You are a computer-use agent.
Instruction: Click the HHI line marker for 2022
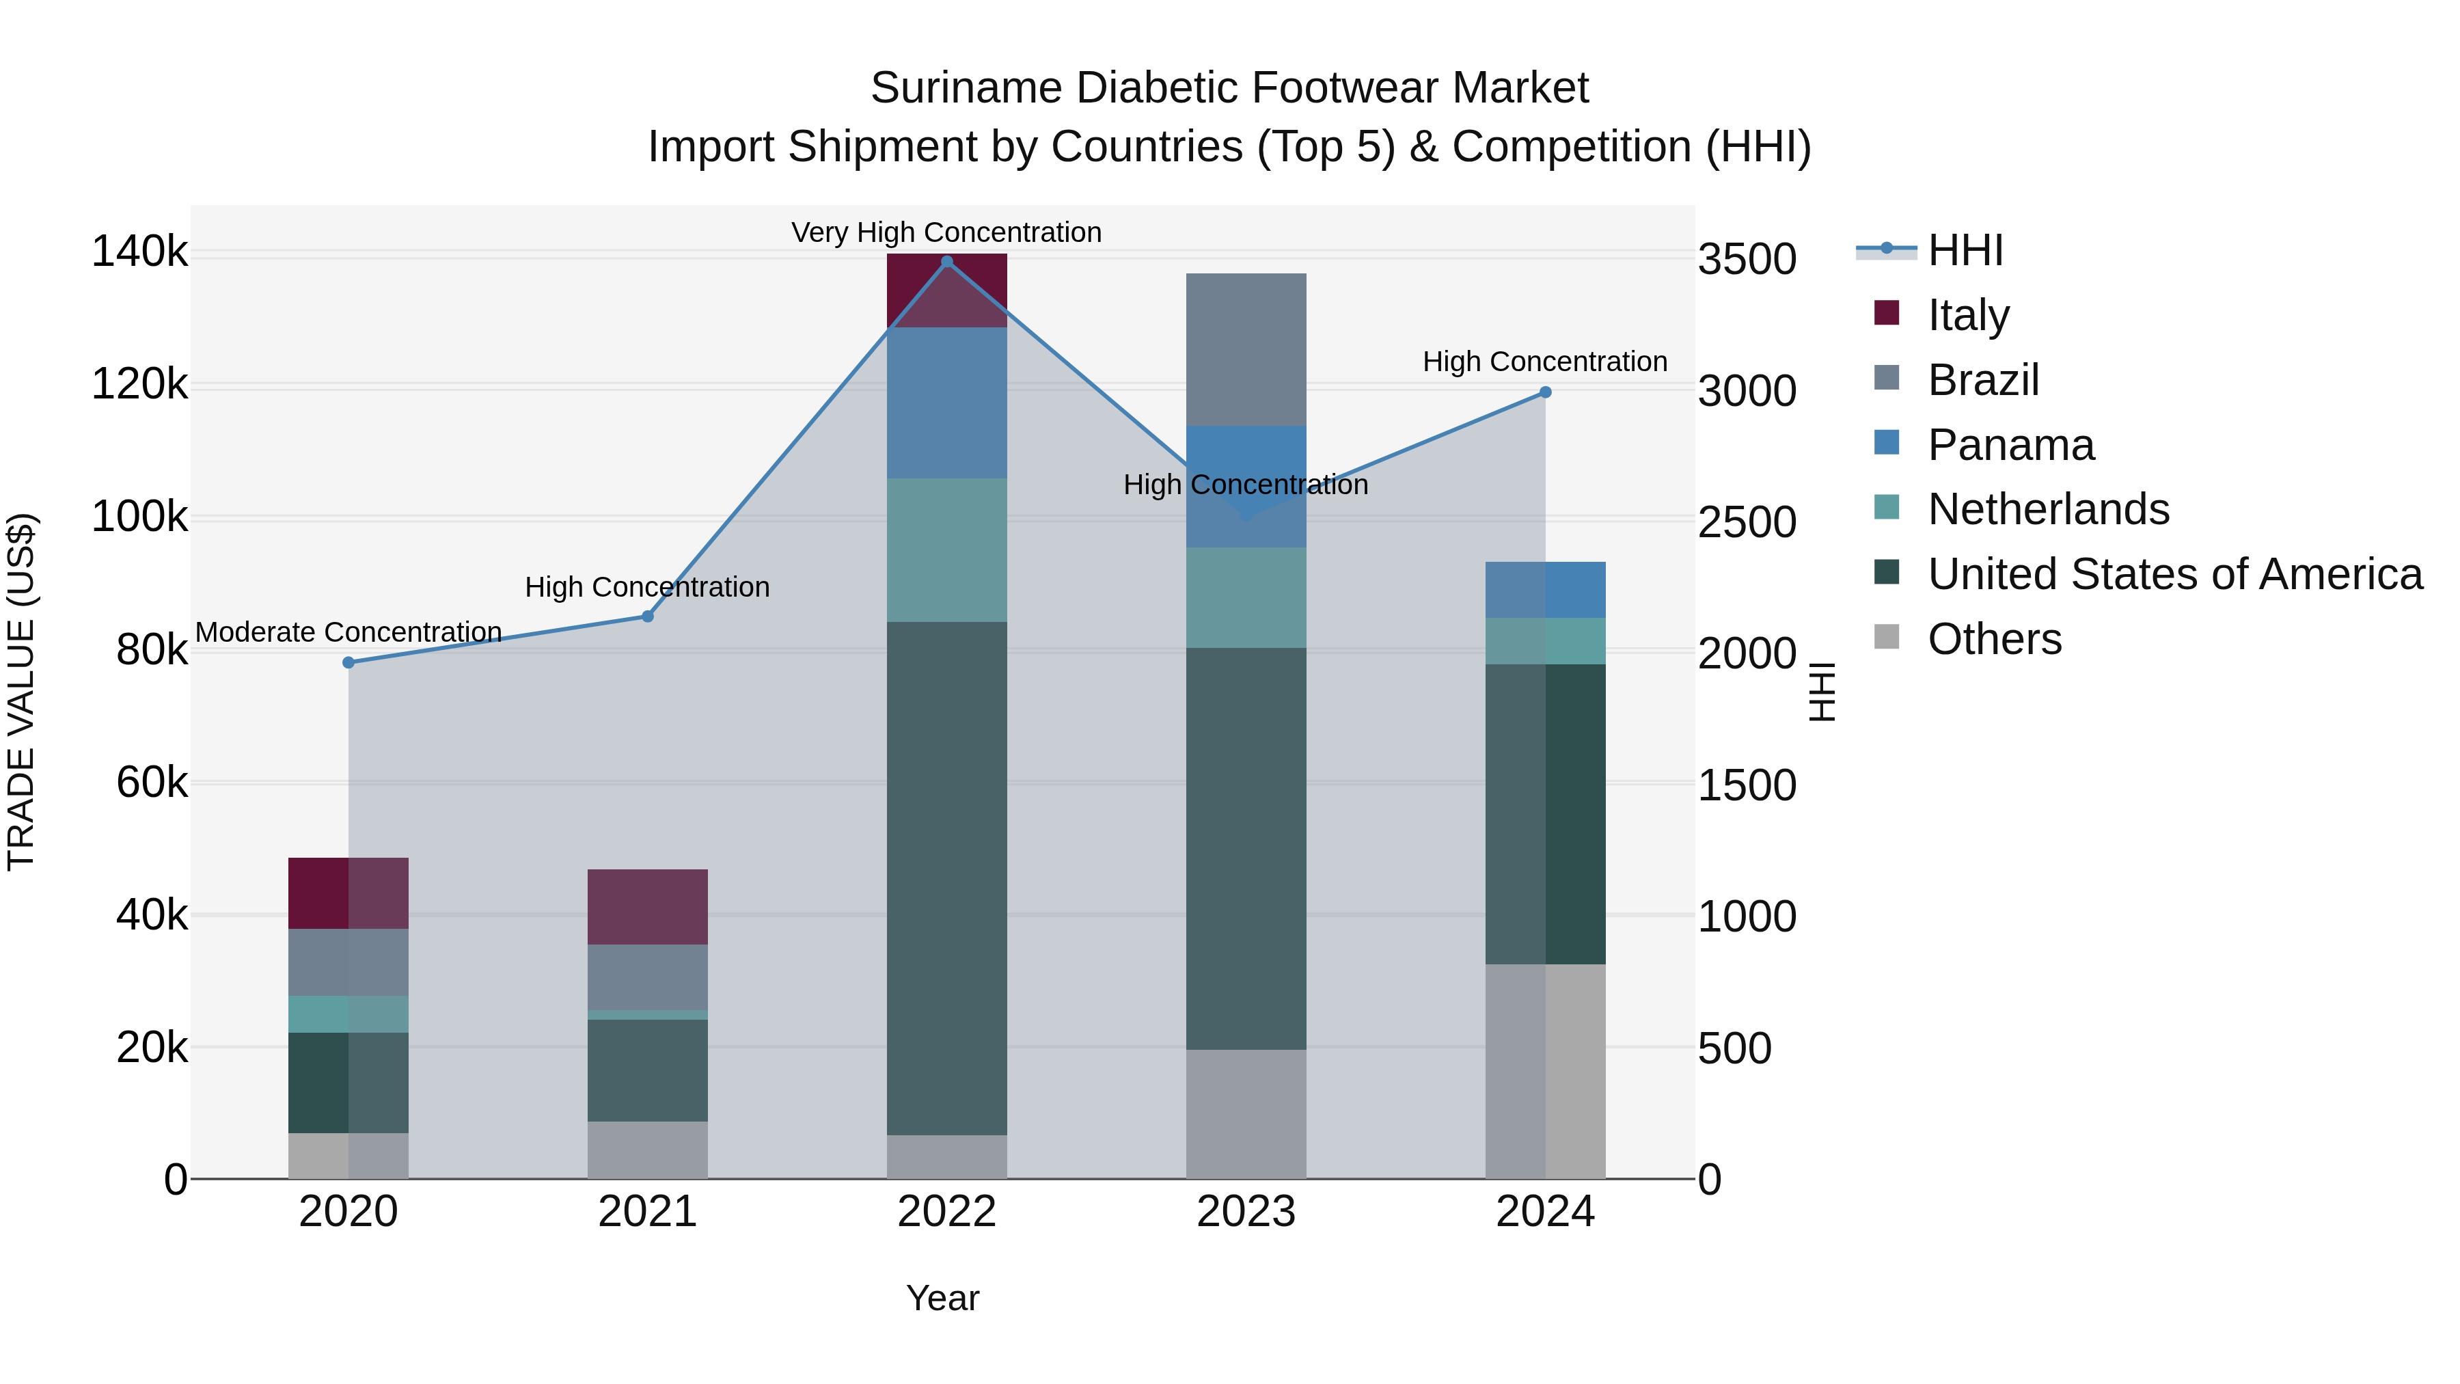(x=946, y=262)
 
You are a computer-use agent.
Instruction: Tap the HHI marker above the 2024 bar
(x=1545, y=392)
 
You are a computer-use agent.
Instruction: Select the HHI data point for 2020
(x=348, y=663)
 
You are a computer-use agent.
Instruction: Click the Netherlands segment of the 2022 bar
(x=946, y=550)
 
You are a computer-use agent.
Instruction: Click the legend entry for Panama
(x=2010, y=445)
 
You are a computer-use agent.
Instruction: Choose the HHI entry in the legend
(x=1965, y=250)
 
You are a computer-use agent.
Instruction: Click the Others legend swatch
(x=1887, y=637)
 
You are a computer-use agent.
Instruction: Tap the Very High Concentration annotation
(x=946, y=232)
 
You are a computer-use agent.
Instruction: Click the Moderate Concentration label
(x=348, y=632)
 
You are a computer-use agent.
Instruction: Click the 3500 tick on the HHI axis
(x=1747, y=260)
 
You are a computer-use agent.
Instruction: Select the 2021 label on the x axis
(x=648, y=1212)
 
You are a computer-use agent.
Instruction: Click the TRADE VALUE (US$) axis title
(x=21, y=692)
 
